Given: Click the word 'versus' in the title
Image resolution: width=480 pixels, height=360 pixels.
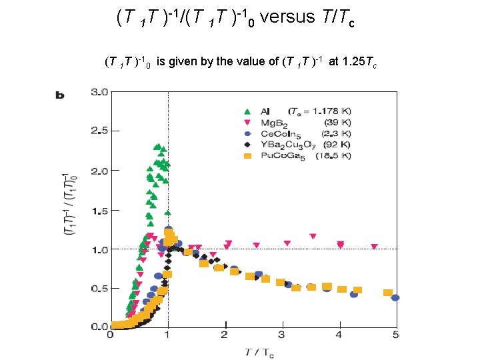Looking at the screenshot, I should [x=287, y=17].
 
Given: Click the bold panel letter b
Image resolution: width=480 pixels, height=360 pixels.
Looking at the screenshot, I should [x=59, y=95].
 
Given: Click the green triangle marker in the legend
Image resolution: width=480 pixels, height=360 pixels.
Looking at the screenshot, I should [x=247, y=111].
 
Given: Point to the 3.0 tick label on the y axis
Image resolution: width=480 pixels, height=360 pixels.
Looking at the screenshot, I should [x=100, y=92].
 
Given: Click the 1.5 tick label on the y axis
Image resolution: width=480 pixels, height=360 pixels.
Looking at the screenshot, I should [x=100, y=211].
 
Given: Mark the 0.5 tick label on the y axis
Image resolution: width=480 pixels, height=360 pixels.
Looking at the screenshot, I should [x=100, y=289].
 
